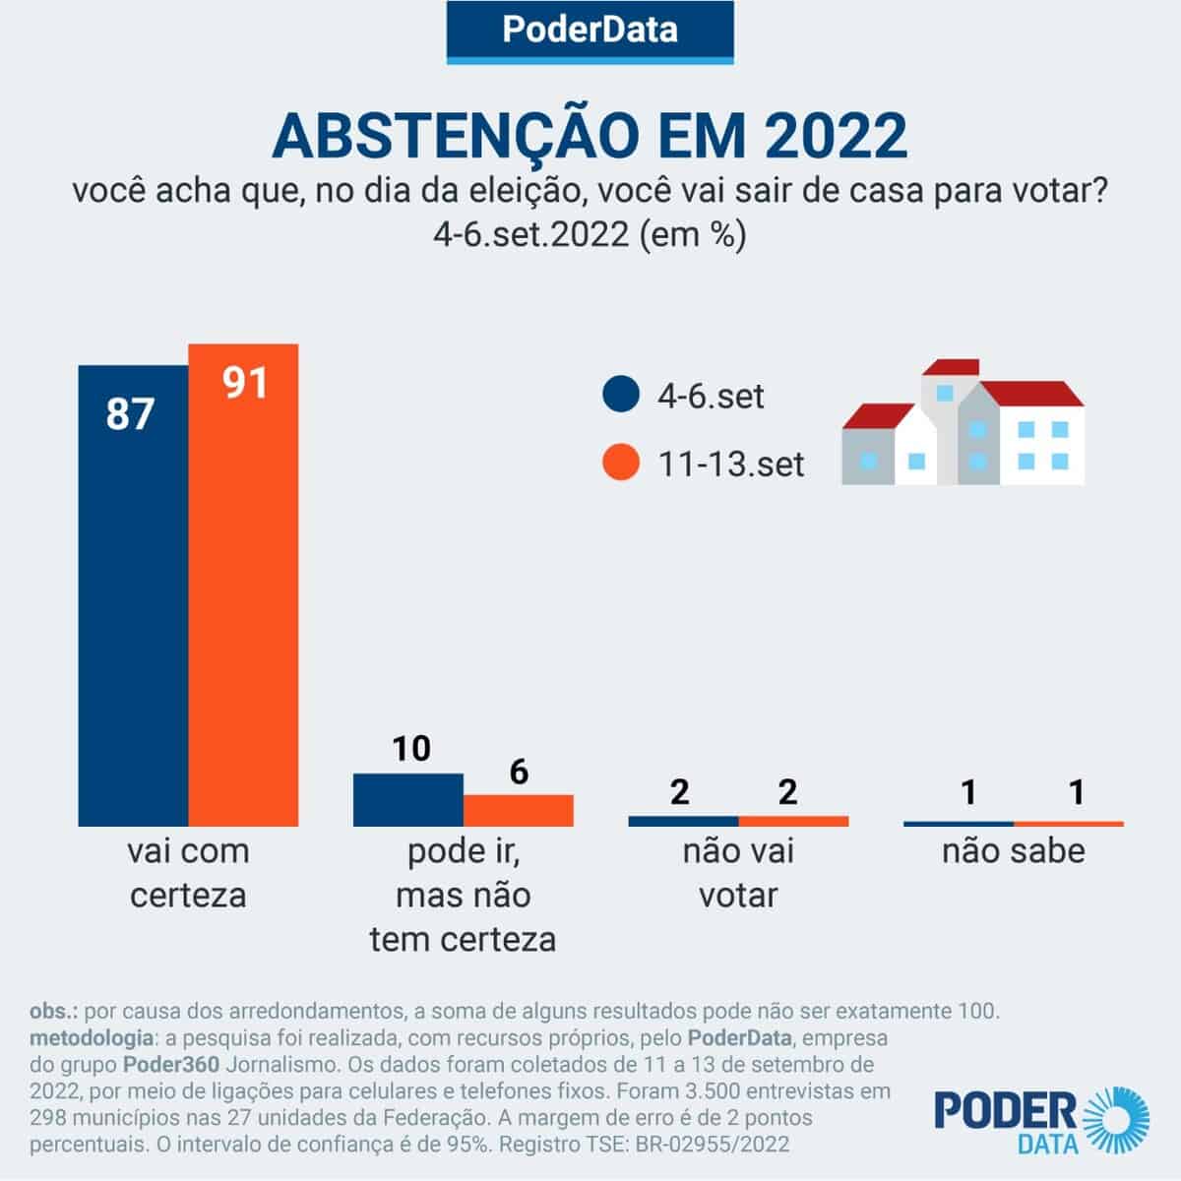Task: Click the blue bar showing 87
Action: pyautogui.click(x=133, y=595)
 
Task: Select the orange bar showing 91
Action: pyautogui.click(x=243, y=586)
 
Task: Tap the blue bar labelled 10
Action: pyautogui.click(x=407, y=799)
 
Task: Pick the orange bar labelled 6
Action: pyautogui.click(x=519, y=810)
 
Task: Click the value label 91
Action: pyautogui.click(x=244, y=382)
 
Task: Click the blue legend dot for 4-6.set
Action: pyautogui.click(x=621, y=396)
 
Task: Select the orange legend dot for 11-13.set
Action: pyautogui.click(x=621, y=463)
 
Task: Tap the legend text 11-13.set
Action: pyautogui.click(x=730, y=464)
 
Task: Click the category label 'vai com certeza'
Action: pyautogui.click(x=188, y=873)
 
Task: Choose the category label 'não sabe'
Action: pyautogui.click(x=1013, y=851)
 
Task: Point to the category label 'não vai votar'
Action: pyautogui.click(x=738, y=873)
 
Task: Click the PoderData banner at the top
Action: pyautogui.click(x=590, y=30)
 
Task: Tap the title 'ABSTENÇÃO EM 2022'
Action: pyautogui.click(x=590, y=136)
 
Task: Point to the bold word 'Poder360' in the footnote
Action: pyautogui.click(x=162, y=1065)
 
